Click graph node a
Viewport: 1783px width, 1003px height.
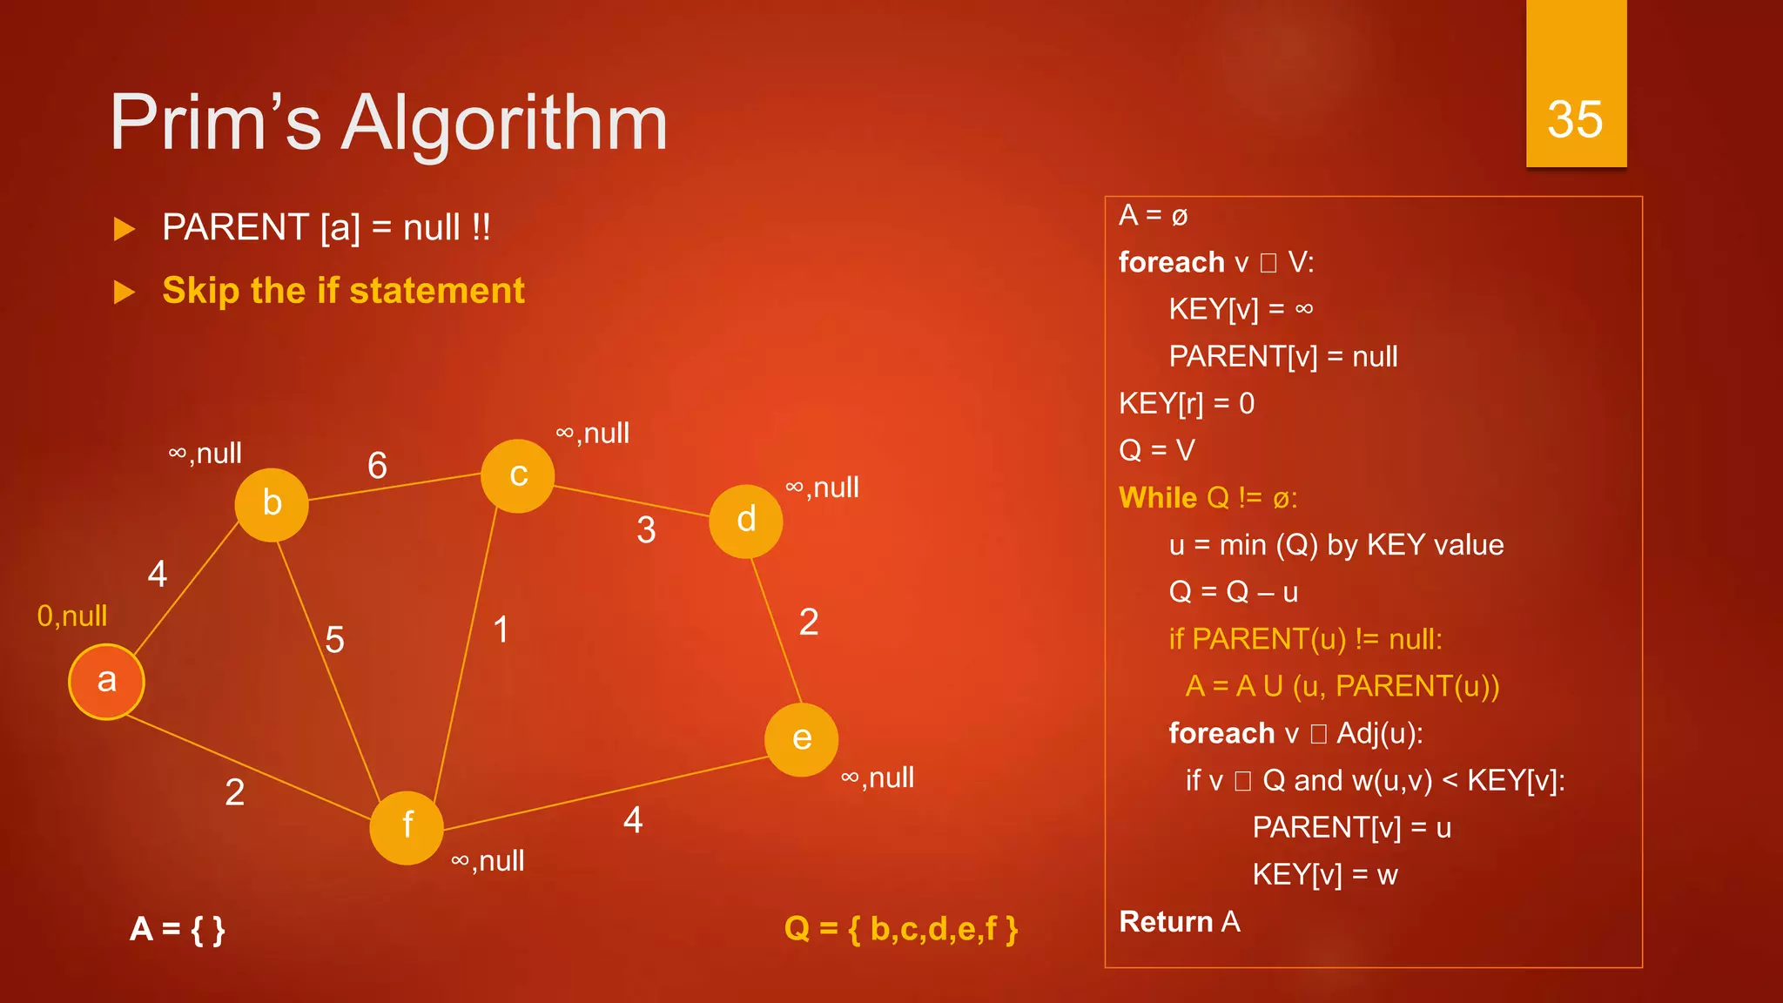point(106,682)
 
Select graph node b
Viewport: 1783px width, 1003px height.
point(272,504)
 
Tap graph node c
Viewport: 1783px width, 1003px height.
point(518,476)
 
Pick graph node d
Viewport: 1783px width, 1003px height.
point(746,521)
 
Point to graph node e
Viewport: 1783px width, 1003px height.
point(802,739)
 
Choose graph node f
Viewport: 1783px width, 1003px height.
point(407,827)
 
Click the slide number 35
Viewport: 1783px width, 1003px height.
point(1575,119)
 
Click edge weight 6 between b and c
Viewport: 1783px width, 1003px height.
point(377,466)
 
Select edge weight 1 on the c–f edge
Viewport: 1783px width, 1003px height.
point(501,629)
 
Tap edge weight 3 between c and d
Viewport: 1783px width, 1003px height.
point(646,530)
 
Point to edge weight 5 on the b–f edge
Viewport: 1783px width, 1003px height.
point(334,640)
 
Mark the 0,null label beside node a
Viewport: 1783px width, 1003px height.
point(72,616)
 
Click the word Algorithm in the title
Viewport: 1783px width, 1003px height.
point(504,123)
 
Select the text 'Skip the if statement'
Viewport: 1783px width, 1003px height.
point(343,291)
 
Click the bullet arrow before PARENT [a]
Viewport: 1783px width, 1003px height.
point(124,229)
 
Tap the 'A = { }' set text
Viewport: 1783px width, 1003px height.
point(178,929)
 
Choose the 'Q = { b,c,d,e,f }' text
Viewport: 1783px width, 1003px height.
point(901,929)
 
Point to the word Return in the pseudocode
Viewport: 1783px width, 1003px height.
point(1166,921)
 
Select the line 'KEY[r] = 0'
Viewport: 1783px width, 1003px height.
point(1187,404)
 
